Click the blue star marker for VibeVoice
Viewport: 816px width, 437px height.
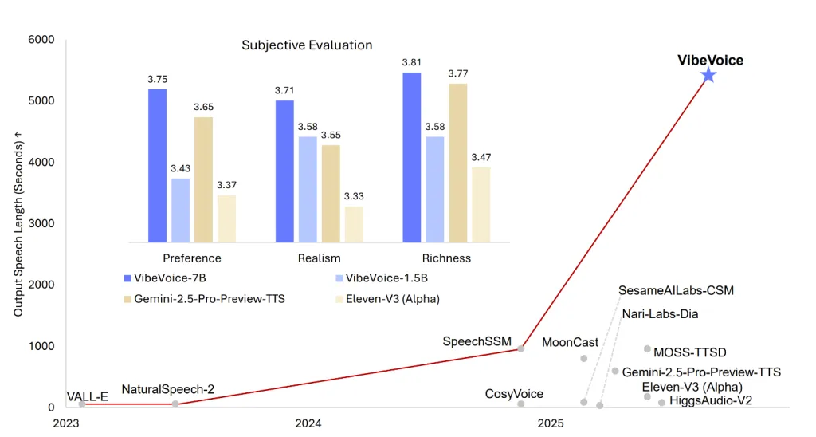click(x=708, y=75)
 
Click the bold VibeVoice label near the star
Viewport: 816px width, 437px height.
click(x=710, y=60)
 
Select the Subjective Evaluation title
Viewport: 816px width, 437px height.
click(x=307, y=45)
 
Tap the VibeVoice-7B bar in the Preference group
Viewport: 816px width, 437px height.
click(x=157, y=165)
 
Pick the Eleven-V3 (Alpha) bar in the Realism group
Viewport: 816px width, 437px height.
click(x=354, y=224)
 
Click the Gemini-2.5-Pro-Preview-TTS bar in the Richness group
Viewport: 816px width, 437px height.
click(x=457, y=163)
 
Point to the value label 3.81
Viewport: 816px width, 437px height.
click(x=411, y=62)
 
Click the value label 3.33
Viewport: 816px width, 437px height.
click(x=354, y=196)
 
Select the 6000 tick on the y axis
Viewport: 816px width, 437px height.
click(x=41, y=40)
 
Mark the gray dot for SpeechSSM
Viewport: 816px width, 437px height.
click(x=521, y=348)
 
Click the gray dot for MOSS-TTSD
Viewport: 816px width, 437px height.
click(x=647, y=348)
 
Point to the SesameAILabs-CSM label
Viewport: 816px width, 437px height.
click(x=676, y=290)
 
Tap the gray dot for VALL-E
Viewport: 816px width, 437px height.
click(x=82, y=404)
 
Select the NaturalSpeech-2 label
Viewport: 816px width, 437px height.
click(x=167, y=390)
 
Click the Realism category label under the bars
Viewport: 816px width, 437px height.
click(x=319, y=258)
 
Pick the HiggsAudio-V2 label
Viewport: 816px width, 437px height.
click(x=711, y=400)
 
